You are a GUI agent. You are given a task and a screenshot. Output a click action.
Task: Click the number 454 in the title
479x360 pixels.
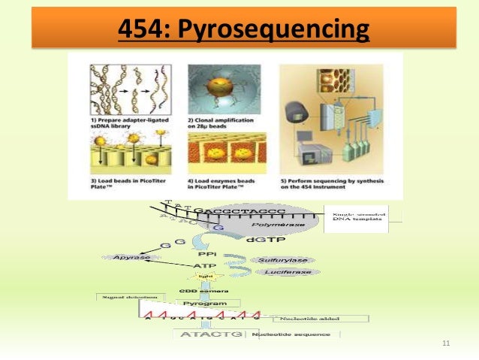(146, 31)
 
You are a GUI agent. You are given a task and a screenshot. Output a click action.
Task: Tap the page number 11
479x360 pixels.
(446, 344)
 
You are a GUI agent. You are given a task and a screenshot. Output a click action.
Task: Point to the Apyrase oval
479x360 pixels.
(128, 257)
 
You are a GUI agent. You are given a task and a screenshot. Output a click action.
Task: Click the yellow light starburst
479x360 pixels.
(200, 277)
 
